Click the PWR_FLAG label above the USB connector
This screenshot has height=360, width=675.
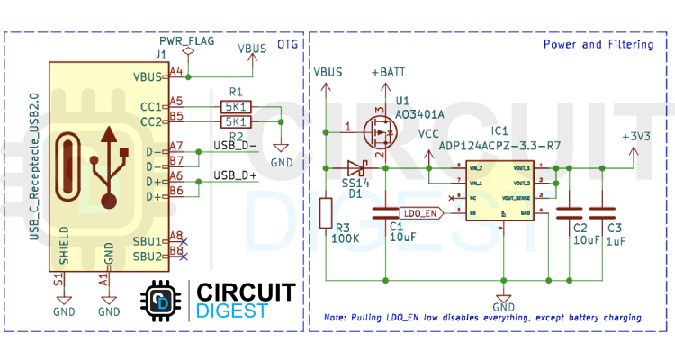[186, 42]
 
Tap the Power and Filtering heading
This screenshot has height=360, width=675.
[598, 44]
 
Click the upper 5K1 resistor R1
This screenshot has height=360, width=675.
[236, 107]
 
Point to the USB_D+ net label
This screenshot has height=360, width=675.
[235, 175]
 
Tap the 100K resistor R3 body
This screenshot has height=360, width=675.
[327, 213]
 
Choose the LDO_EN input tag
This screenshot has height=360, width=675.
[419, 213]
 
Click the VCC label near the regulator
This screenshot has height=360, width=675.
[429, 134]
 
